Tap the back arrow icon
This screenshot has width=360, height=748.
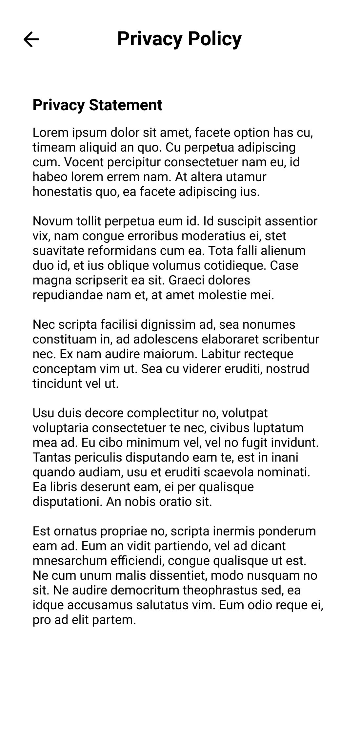(31, 39)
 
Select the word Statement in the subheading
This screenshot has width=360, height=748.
(126, 105)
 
